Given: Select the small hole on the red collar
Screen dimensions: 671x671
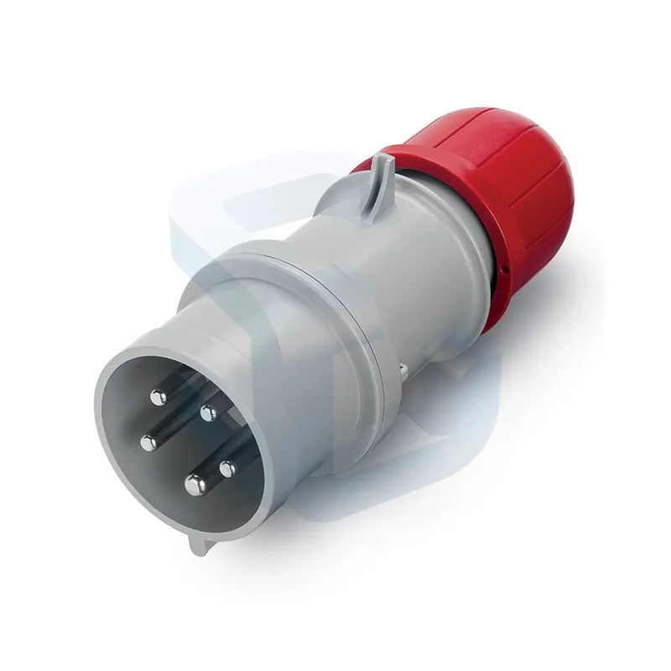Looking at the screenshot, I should pos(506,270).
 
